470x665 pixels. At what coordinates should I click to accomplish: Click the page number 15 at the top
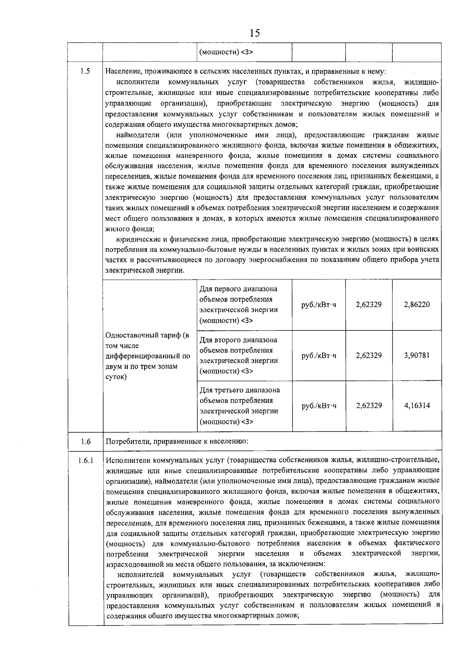click(254, 33)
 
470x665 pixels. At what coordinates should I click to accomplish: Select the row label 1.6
click(86, 442)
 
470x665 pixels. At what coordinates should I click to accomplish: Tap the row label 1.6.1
click(86, 460)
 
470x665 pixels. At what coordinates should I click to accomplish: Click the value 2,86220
click(417, 304)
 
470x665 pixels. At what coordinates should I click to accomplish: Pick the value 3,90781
click(417, 355)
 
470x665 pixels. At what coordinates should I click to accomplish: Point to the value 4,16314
click(417, 406)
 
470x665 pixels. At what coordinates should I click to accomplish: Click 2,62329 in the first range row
click(369, 304)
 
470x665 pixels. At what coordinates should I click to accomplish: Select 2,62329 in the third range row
click(369, 406)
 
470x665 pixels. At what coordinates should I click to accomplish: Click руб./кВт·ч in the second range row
click(319, 355)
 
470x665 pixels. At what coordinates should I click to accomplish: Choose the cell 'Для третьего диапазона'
click(240, 390)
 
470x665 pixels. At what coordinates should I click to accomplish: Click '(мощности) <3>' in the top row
click(226, 52)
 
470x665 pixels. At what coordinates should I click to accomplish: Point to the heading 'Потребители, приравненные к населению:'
click(177, 442)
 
